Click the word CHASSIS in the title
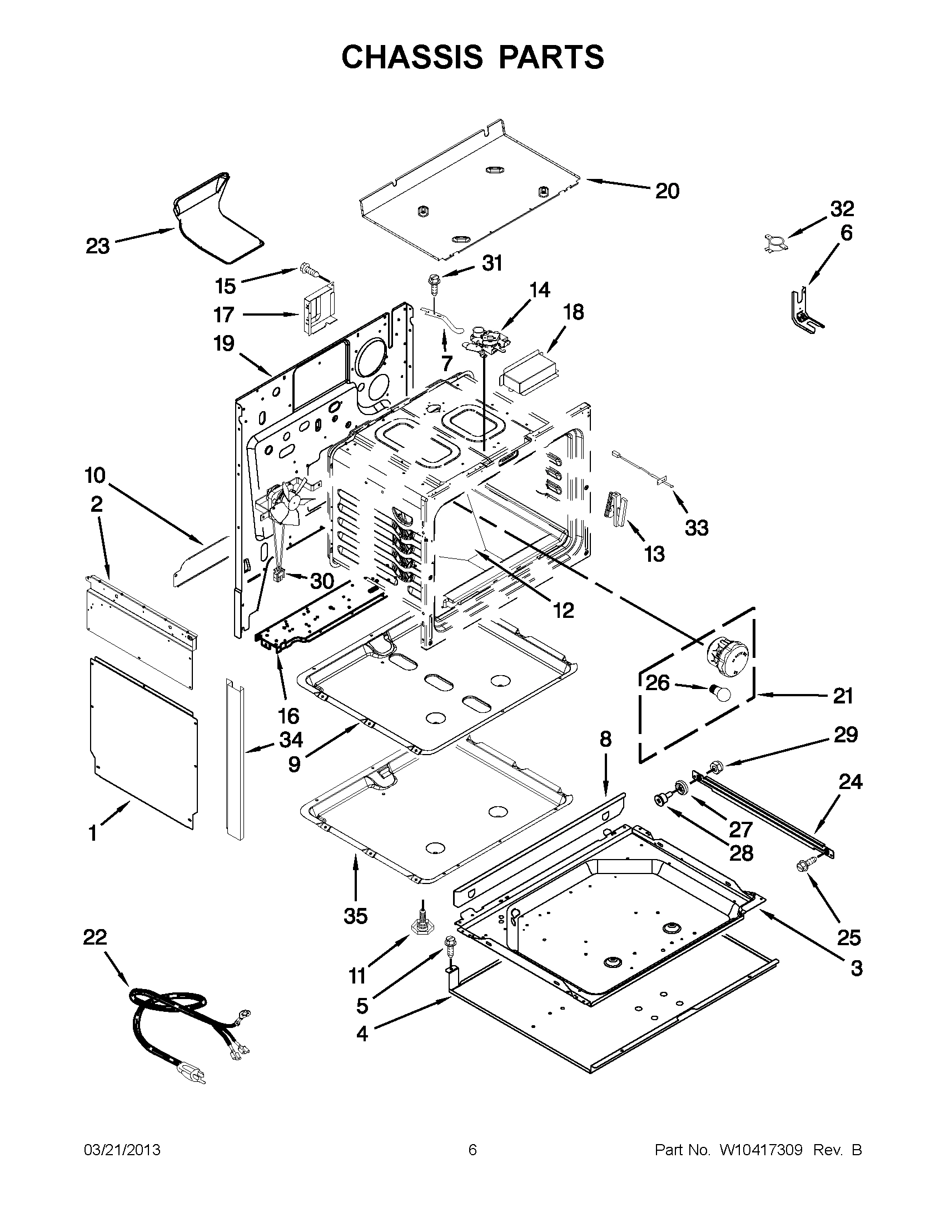coord(411,57)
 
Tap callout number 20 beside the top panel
coord(667,191)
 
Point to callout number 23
coord(97,246)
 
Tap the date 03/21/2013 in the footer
coord(122,1150)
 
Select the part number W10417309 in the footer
coord(760,1150)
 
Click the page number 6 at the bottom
coord(472,1150)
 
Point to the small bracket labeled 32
coord(774,243)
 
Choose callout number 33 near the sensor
coord(697,527)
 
